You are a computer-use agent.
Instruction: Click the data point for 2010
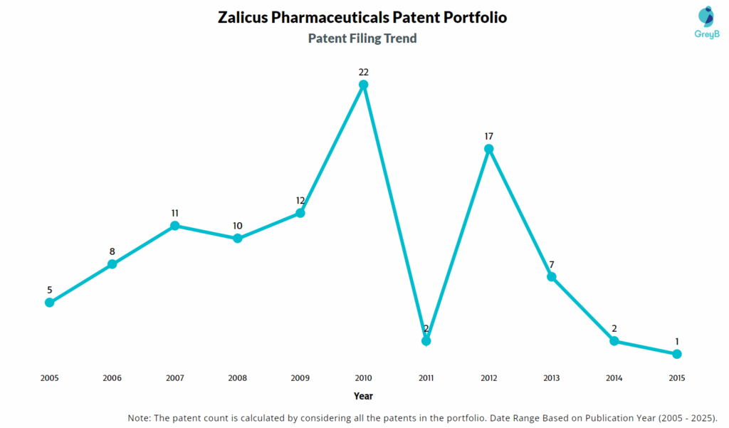click(x=363, y=85)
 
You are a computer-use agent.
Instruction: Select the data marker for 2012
click(x=488, y=149)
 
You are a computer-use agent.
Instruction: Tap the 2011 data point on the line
click(x=426, y=340)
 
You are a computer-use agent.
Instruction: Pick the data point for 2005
click(x=49, y=302)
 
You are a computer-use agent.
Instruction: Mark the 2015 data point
click(x=677, y=354)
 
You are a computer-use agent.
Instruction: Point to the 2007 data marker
click(x=174, y=226)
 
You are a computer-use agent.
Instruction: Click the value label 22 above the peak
click(x=363, y=72)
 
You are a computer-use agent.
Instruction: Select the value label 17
click(x=488, y=136)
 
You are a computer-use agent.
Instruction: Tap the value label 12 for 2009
click(x=300, y=200)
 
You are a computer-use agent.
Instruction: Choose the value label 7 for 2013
click(x=551, y=264)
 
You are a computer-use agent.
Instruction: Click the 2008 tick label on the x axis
click(x=237, y=378)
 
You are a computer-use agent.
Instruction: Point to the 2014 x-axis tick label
click(x=614, y=378)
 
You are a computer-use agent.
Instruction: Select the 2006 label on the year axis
click(x=112, y=378)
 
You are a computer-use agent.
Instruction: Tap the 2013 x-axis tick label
click(x=551, y=378)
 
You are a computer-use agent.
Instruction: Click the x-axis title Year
click(x=363, y=395)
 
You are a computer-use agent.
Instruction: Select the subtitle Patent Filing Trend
click(x=362, y=38)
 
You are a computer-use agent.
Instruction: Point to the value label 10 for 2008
click(x=237, y=226)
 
